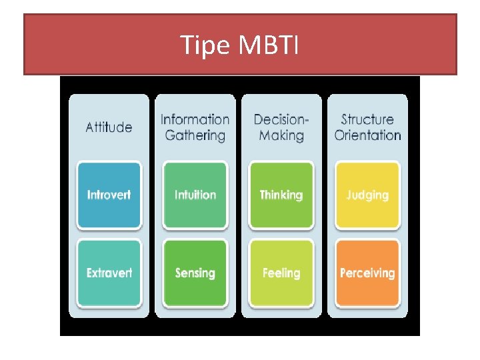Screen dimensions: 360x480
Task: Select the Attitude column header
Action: click(109, 127)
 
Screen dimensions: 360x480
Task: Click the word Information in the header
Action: click(195, 119)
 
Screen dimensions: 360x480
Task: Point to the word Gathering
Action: click(195, 135)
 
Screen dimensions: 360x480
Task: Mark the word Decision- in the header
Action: click(281, 119)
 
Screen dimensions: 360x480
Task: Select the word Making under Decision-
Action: click(281, 135)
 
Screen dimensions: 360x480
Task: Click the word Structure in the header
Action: click(367, 119)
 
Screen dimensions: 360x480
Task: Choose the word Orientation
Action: click(367, 135)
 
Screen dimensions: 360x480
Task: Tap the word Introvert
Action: click(109, 195)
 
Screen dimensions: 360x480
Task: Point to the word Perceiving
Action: click(367, 273)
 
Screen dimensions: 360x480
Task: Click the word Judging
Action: click(367, 195)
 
